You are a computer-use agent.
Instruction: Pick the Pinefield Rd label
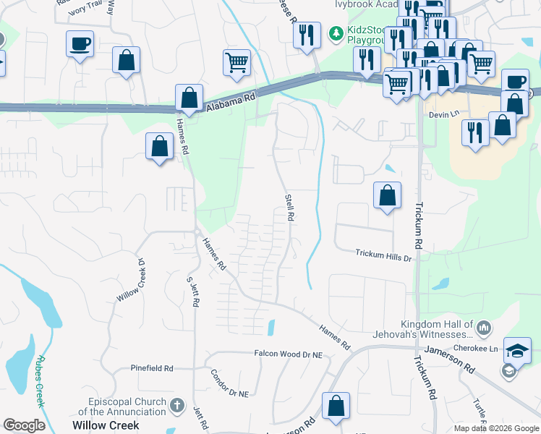[152, 368]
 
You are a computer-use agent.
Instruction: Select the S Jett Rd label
[192, 291]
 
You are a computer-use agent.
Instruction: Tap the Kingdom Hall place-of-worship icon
[484, 329]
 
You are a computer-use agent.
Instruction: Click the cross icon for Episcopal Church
[179, 407]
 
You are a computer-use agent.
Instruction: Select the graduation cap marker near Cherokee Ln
[517, 351]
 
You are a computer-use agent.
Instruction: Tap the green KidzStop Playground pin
[336, 33]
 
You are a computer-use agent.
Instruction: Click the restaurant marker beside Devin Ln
[475, 132]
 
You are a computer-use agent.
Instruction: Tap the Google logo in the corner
[24, 425]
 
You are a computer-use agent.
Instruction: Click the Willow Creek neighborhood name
[106, 425]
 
